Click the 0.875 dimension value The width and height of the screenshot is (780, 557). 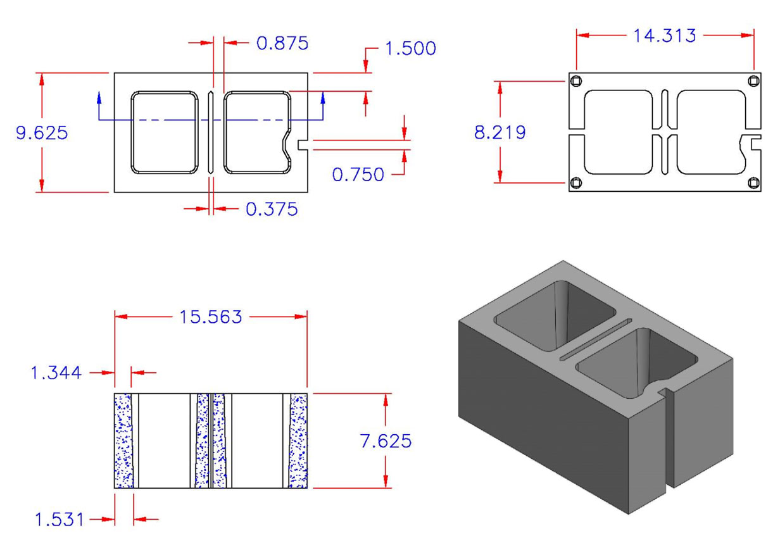(282, 43)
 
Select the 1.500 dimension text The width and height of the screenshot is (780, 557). (410, 48)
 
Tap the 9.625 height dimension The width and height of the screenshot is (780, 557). (42, 133)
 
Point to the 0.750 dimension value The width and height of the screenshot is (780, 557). (358, 174)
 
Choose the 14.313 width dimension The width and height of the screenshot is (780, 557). (664, 35)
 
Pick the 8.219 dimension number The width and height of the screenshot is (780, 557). (500, 132)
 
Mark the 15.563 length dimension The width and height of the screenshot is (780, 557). (210, 316)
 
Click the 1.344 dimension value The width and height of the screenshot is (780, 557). (56, 373)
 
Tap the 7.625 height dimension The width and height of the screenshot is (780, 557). (386, 441)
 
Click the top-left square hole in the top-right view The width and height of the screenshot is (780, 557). (576, 81)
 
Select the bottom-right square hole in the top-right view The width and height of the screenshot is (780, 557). (753, 183)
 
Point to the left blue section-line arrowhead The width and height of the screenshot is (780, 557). (99, 96)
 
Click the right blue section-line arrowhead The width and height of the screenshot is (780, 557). (324, 96)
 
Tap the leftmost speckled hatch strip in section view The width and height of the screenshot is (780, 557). (123, 441)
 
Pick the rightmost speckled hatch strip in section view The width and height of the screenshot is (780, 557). (298, 441)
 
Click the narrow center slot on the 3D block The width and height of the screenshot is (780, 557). (594, 342)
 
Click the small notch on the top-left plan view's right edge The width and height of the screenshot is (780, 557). (301, 145)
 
